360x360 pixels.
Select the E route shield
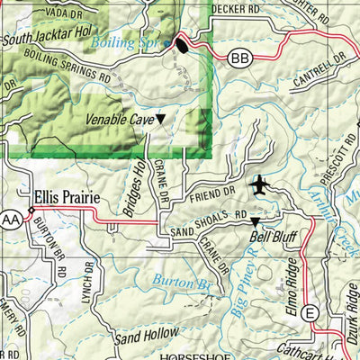tap(310, 312)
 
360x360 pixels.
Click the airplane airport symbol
tap(262, 185)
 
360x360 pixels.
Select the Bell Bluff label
tap(273, 238)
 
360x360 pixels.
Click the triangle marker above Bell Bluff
tap(254, 221)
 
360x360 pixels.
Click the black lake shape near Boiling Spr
tap(183, 45)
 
